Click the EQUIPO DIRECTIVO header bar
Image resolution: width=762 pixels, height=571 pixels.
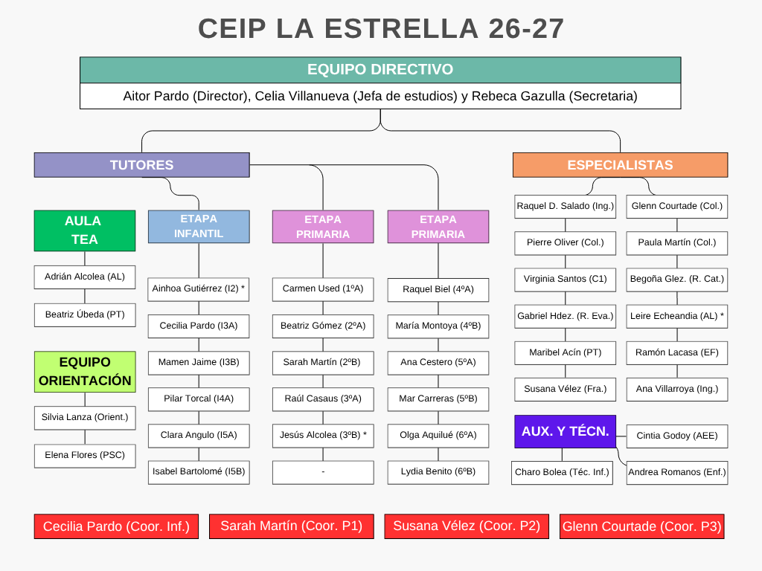click(380, 70)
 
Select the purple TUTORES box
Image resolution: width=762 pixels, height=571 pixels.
click(142, 165)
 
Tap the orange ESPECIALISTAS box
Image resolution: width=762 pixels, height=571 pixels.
click(620, 165)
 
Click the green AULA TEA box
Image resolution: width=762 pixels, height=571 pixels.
click(85, 230)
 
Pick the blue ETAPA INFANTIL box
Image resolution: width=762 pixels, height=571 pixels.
click(199, 227)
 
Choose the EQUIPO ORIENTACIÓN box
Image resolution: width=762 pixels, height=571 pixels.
click(85, 372)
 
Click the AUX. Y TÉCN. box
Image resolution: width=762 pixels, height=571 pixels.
click(566, 431)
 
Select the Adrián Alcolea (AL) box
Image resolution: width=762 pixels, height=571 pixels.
click(85, 277)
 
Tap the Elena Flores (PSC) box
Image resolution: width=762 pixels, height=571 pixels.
click(85, 456)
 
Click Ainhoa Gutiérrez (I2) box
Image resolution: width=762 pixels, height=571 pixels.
click(198, 289)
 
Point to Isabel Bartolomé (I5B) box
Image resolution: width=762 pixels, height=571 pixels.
click(199, 472)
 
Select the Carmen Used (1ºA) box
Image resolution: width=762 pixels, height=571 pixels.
click(323, 289)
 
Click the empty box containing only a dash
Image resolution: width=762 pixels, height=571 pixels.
click(323, 472)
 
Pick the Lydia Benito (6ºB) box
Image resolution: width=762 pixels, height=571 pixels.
click(438, 472)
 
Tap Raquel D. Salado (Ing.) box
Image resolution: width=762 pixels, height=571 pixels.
click(566, 207)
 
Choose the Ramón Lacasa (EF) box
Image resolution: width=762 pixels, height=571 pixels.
click(677, 352)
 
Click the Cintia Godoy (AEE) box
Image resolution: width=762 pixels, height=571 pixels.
click(677, 436)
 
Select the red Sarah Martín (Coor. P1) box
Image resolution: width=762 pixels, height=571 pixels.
click(292, 526)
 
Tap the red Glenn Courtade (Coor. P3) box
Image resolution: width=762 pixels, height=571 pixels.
click(642, 526)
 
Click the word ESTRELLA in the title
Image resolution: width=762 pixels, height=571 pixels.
click(402, 29)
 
